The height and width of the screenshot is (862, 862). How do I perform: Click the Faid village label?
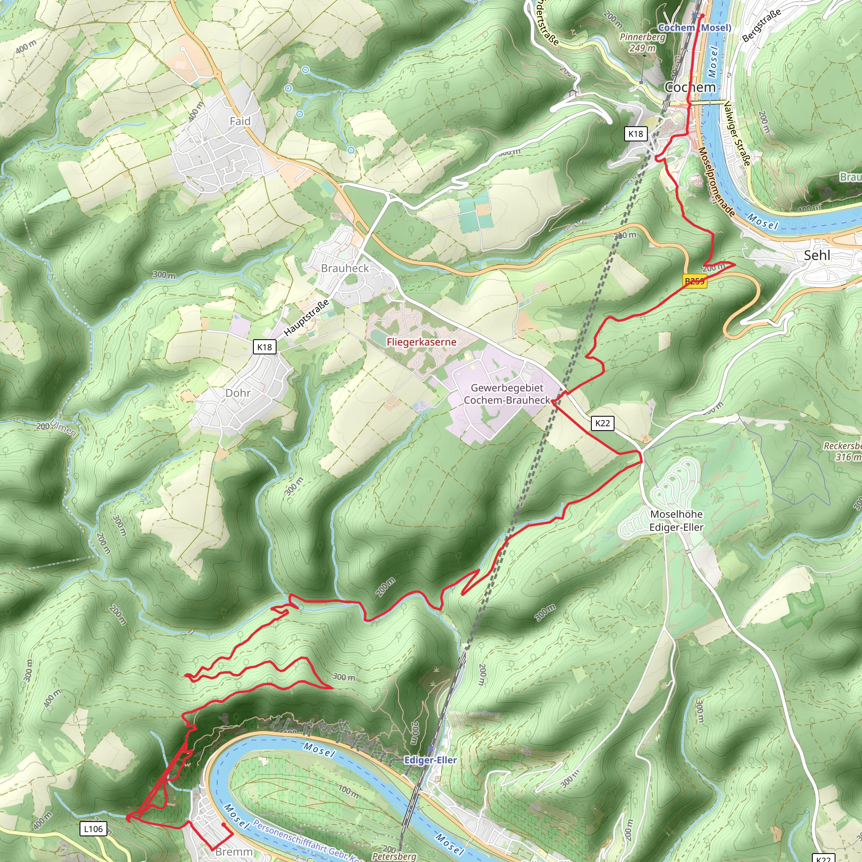coord(239,121)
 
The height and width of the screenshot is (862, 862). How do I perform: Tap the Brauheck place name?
coord(345,268)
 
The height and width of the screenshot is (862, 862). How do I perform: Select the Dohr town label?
coord(238,393)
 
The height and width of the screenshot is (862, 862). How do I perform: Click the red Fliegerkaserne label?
coord(421,342)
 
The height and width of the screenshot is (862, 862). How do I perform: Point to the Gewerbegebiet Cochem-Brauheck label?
coord(507,394)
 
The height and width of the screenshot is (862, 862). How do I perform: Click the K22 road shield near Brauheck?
coord(602,423)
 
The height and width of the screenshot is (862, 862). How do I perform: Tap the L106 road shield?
coord(93,829)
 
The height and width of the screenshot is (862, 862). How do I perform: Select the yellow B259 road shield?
coord(694,281)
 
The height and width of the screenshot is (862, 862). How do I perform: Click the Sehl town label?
coord(817,255)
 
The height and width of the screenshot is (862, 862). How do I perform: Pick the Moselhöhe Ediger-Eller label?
coord(676,521)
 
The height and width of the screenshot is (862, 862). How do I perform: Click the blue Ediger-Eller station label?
coord(430,760)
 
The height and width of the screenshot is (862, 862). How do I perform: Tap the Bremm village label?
coord(234,852)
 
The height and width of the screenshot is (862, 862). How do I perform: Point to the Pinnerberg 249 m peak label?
coord(642,43)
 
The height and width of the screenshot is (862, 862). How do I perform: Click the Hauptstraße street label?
coord(306,318)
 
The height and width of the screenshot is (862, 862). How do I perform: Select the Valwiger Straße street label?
coord(737,133)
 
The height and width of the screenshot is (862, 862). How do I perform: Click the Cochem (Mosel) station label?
coord(694,28)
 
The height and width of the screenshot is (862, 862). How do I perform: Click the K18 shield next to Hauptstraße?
coord(265,347)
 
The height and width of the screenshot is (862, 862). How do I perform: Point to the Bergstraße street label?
coord(761,25)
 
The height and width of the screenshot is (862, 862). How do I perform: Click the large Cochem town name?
coord(690,87)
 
